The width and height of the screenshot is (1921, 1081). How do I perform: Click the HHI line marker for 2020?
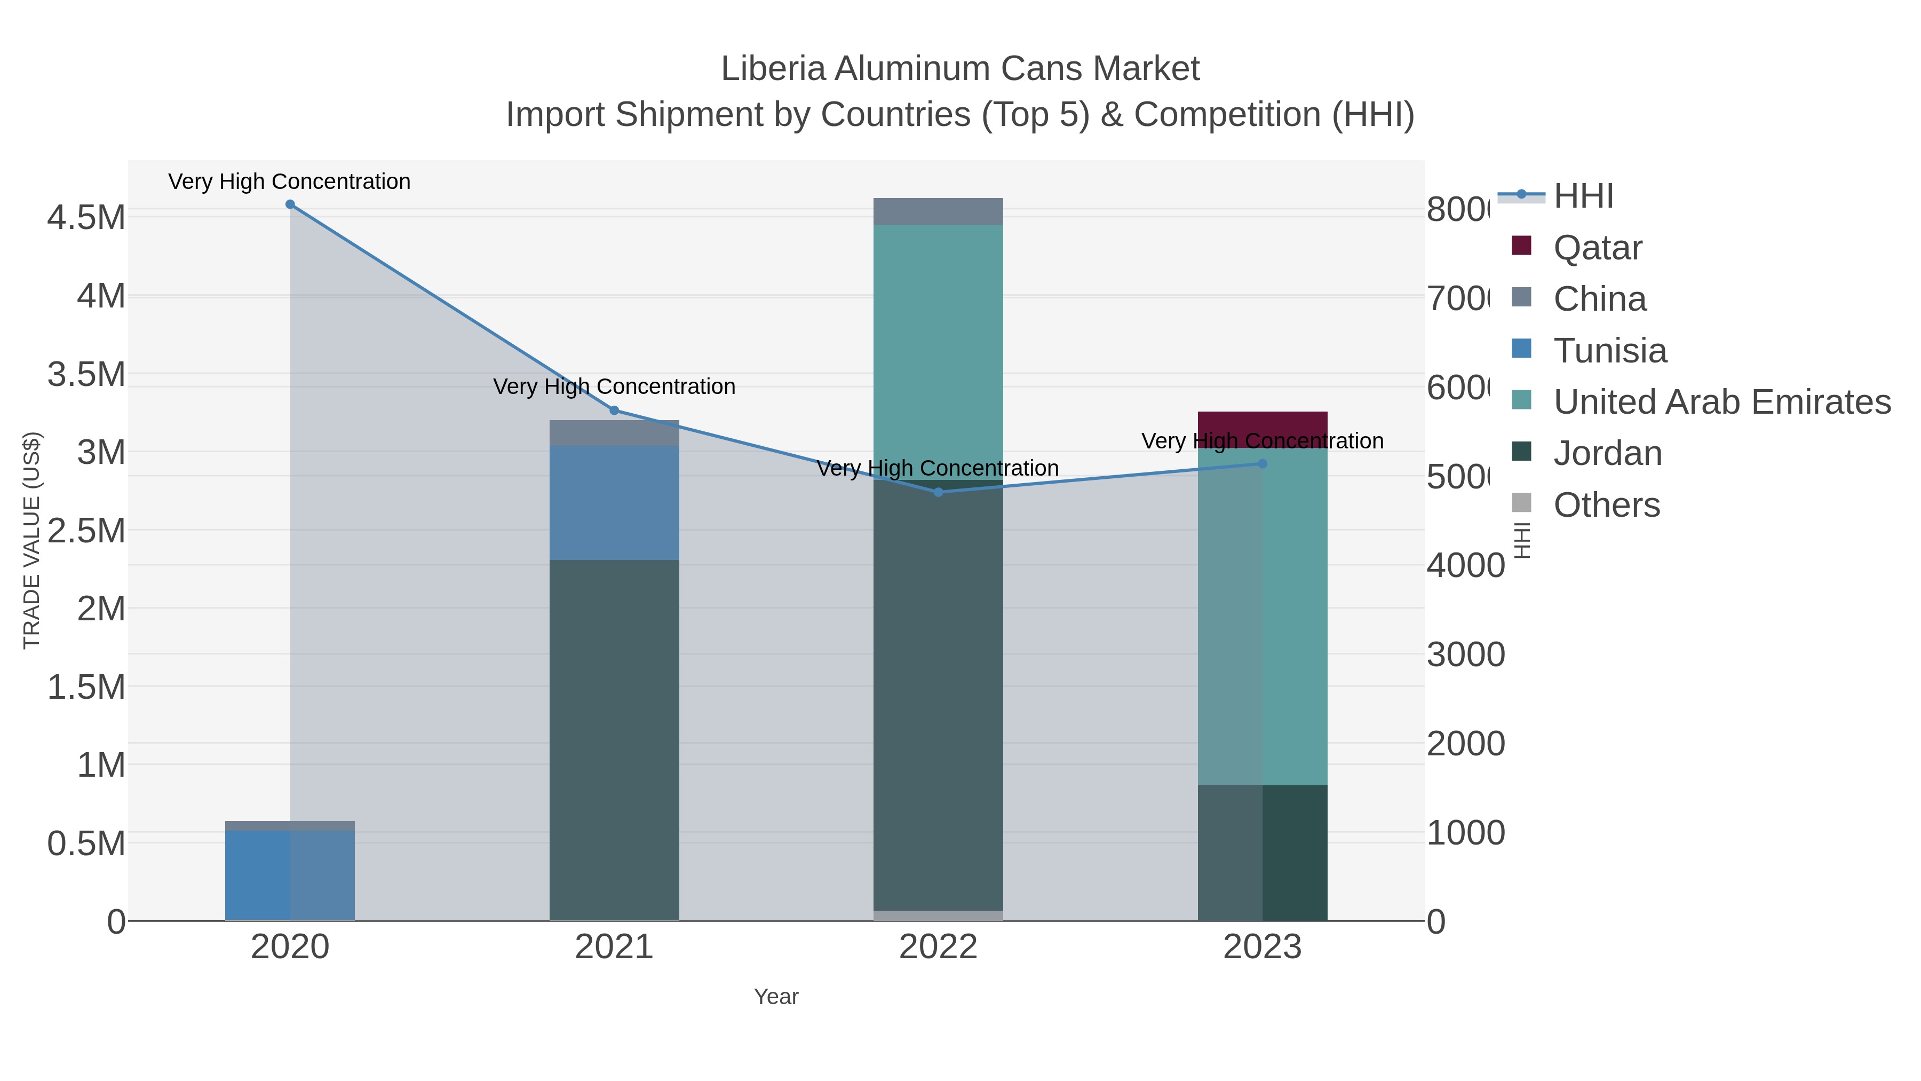(x=290, y=204)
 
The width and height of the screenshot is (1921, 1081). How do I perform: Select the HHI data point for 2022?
(x=938, y=492)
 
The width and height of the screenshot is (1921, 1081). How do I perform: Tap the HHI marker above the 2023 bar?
(x=1263, y=464)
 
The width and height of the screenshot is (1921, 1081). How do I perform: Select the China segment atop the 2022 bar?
(x=938, y=211)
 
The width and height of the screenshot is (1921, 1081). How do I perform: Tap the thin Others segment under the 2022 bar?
(x=938, y=916)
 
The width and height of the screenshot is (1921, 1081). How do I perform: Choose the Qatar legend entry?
(x=1597, y=248)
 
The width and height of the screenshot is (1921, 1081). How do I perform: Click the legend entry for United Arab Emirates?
(x=1721, y=402)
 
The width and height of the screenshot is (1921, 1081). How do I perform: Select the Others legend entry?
(x=1606, y=505)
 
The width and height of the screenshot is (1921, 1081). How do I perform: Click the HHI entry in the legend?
(x=1583, y=196)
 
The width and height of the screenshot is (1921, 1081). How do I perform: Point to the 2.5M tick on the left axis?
(x=86, y=531)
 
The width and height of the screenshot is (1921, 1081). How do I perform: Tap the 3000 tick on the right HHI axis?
(x=1465, y=655)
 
